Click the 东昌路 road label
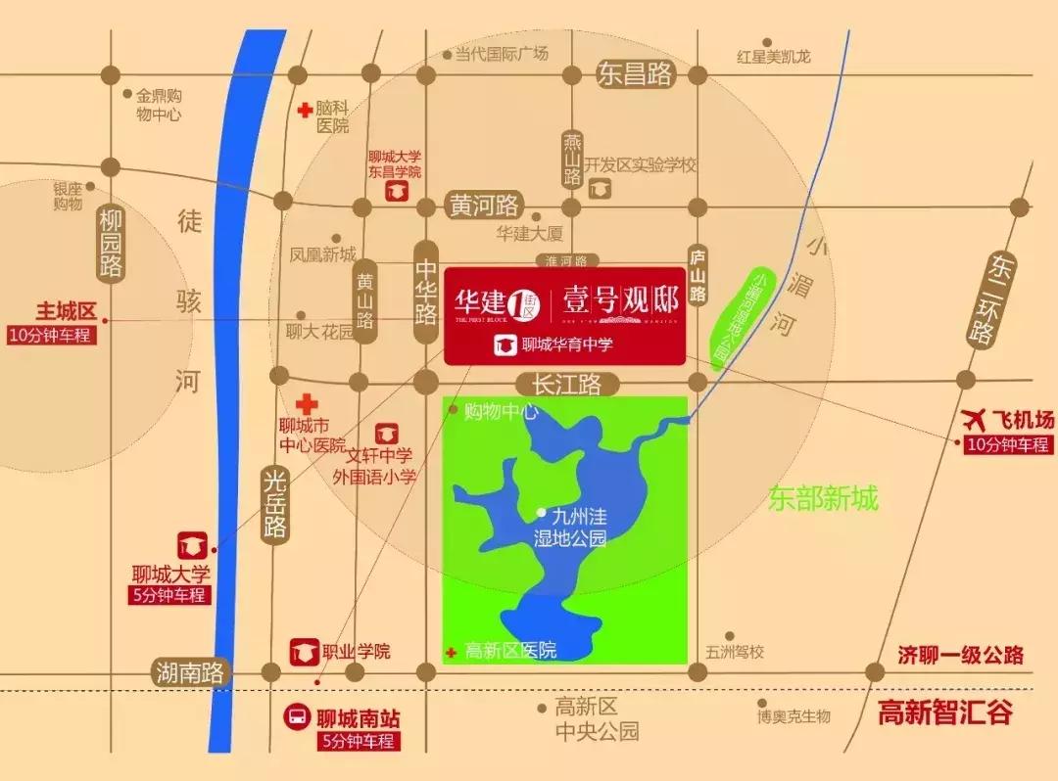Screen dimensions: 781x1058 point(636,73)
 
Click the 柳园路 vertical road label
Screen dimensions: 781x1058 point(110,242)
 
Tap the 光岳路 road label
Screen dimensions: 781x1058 point(275,502)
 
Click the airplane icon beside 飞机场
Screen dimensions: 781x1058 point(975,420)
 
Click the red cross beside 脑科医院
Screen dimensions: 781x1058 point(307,110)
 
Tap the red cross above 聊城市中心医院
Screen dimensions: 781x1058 point(307,402)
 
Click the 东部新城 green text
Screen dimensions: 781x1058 point(823,500)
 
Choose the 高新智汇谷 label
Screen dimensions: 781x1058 point(944,712)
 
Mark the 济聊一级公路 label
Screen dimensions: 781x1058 point(960,655)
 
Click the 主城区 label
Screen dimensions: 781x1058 point(67,311)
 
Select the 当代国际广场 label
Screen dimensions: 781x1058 point(502,55)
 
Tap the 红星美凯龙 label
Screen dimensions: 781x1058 point(774,56)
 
